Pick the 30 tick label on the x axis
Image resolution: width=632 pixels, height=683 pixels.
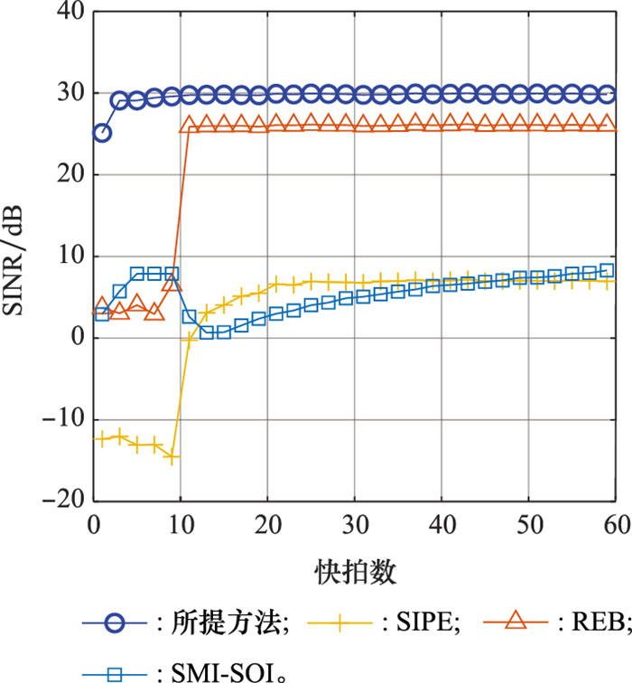point(355,525)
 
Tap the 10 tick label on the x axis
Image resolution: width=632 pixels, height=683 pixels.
point(181,525)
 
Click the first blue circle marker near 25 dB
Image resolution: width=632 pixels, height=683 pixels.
point(102,133)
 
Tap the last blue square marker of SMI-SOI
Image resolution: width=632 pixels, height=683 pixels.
point(607,270)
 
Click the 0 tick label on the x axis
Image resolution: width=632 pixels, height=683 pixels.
point(94,525)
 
